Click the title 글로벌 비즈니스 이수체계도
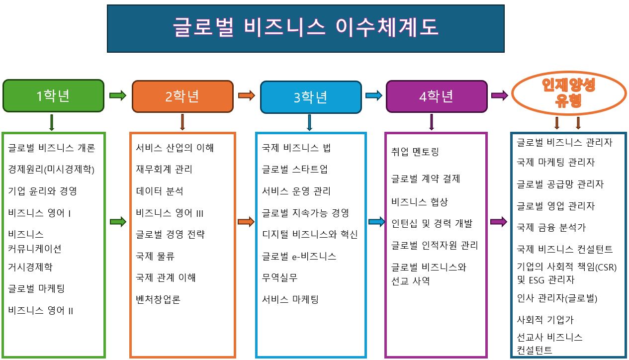pos(305,27)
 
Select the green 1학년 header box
pos(53,96)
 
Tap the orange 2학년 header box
pos(182,96)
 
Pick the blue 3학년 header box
pos(311,97)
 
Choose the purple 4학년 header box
pos(437,96)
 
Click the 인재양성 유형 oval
pos(569,93)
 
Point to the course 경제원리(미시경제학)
pos(51,170)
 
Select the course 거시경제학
pos(30,267)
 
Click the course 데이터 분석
pos(159,191)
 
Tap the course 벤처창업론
pos(158,299)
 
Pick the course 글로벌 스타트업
pos(294,169)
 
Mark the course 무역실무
pos(279,278)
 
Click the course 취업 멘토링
pos(415,152)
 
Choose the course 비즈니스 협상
pos(420,201)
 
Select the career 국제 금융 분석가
pos(551,227)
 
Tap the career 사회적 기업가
pos(545,320)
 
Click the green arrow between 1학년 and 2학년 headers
pos(118,95)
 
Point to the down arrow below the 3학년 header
pos(309,122)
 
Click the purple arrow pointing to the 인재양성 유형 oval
pos(500,95)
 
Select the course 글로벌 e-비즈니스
pos(299,257)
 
